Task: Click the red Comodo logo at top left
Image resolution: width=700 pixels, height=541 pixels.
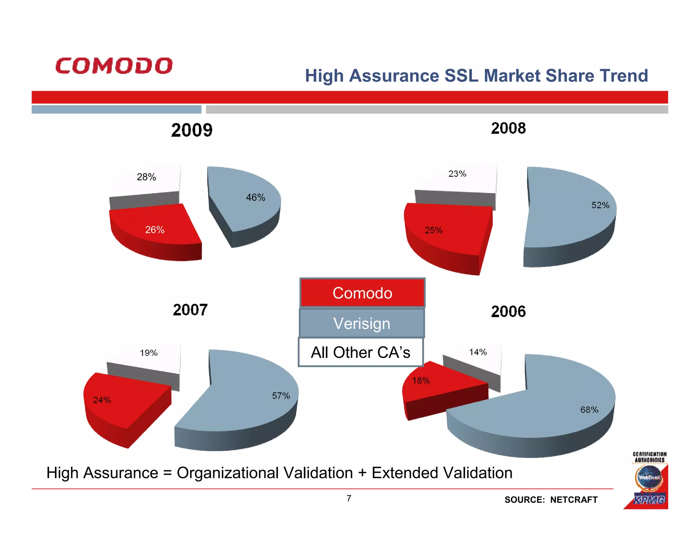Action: [x=114, y=66]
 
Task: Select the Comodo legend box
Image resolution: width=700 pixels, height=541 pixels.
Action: [x=362, y=293]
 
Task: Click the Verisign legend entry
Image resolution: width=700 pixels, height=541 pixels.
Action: [x=362, y=323]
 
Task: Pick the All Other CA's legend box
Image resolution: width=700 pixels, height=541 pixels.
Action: [x=361, y=352]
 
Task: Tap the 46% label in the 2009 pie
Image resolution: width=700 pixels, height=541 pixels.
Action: [x=256, y=197]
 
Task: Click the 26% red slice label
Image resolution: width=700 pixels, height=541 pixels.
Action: [x=155, y=230]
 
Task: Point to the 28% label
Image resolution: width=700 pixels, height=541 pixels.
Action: [x=146, y=177]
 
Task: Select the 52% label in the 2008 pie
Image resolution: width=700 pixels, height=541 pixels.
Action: [x=600, y=205]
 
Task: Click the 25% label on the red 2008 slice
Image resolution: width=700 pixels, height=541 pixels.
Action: [x=433, y=230]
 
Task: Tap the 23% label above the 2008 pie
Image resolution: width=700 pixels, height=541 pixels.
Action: [x=457, y=174]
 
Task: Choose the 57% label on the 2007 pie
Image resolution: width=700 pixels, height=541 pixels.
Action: [x=281, y=396]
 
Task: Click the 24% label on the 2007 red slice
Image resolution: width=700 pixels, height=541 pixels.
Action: [x=102, y=400]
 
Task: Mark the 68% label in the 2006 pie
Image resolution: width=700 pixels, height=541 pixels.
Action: [x=589, y=409]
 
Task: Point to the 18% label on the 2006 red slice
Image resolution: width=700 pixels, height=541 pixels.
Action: [x=421, y=380]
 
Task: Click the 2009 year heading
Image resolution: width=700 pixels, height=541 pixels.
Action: [x=192, y=130]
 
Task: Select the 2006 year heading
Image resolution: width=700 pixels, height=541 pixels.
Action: [x=508, y=312]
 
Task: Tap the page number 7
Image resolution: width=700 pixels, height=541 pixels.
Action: [x=349, y=498]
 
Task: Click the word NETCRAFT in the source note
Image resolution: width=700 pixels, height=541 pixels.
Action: [x=574, y=500]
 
